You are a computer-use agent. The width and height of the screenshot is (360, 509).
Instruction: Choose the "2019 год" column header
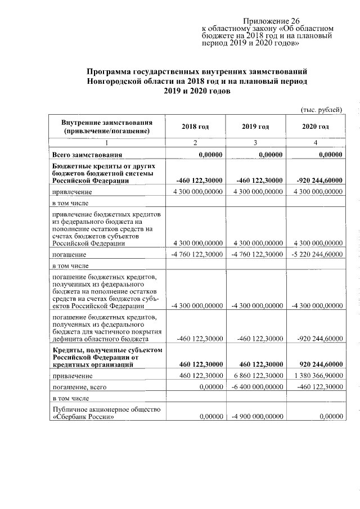[x=255, y=127]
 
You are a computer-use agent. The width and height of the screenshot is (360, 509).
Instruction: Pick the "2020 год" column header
[x=315, y=127]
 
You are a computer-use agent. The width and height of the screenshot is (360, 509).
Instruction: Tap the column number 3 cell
[x=255, y=143]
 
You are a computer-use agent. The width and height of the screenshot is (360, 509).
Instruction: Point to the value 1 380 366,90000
[x=316, y=375]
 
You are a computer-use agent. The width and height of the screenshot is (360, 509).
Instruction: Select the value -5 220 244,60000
[x=316, y=255]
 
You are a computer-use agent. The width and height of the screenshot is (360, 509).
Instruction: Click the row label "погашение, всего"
[x=79, y=387]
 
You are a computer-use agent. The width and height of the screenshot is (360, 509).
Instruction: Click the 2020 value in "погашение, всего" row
[x=318, y=387]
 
